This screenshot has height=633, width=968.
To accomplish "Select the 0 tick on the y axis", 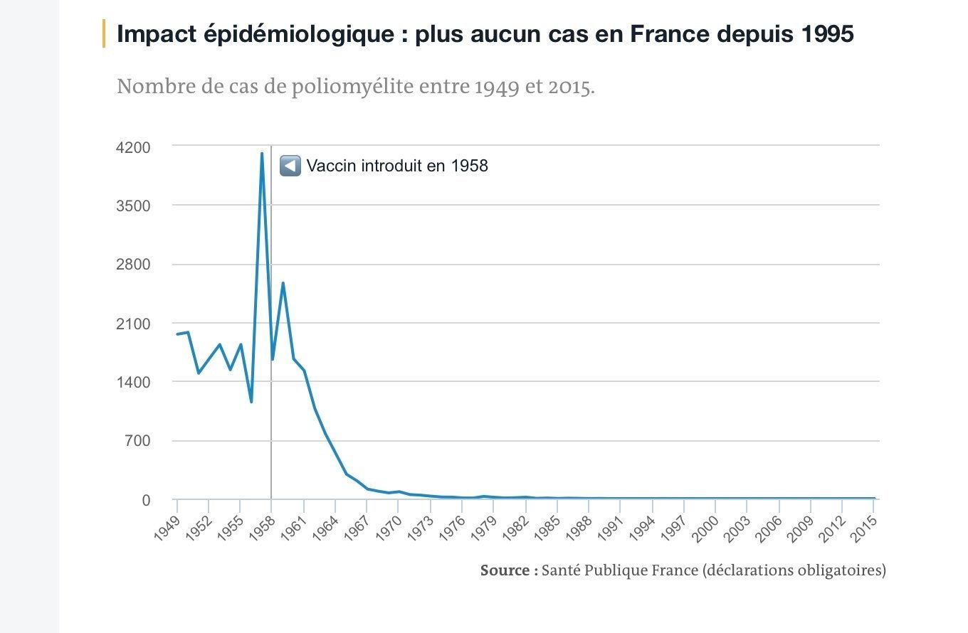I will click(146, 500).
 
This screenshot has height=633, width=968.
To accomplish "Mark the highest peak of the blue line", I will click(262, 154).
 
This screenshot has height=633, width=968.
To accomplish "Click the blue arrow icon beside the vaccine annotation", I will click(290, 166).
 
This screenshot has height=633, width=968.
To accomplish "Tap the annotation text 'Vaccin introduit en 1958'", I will click(397, 166).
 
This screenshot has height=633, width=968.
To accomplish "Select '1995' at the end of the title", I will click(826, 33).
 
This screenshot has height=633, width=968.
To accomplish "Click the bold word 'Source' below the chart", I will click(505, 570).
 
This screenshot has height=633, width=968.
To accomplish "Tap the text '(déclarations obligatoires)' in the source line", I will click(794, 570).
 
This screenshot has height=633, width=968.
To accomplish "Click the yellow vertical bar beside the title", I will click(104, 33).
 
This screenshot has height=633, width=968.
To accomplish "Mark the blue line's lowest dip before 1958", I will click(251, 402).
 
